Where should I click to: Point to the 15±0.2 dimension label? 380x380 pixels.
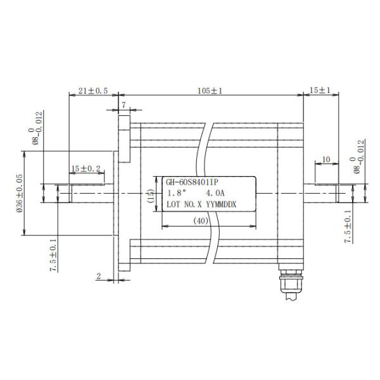pos(85,168)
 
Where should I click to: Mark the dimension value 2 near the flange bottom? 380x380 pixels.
pos(99,276)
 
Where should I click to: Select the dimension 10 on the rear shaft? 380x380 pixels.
pos(326,160)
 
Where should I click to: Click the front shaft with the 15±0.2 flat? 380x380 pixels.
pos(85,193)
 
